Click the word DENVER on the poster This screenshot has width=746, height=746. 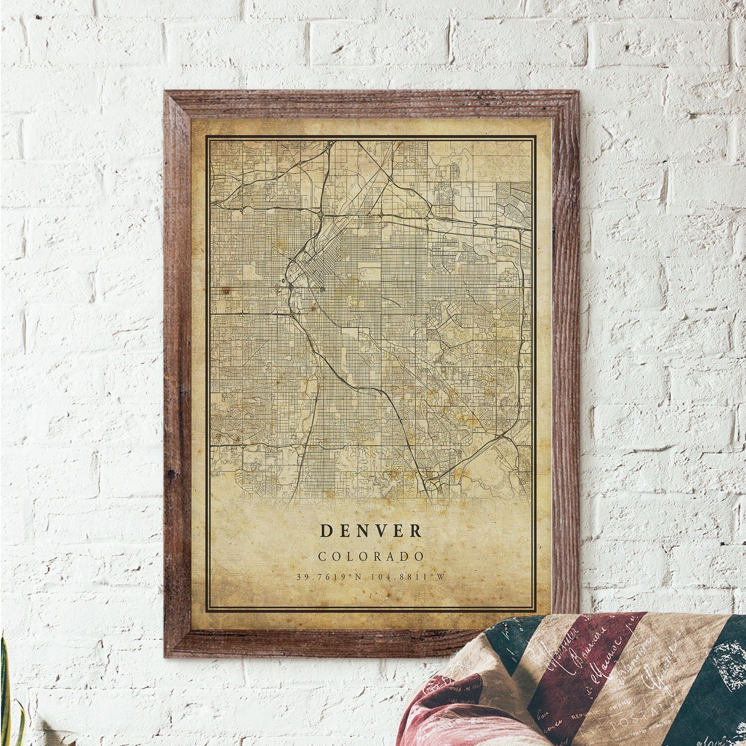[x=371, y=531]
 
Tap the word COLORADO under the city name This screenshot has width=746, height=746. [x=371, y=556]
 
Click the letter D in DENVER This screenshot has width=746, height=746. [x=326, y=531]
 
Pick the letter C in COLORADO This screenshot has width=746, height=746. [x=321, y=556]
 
